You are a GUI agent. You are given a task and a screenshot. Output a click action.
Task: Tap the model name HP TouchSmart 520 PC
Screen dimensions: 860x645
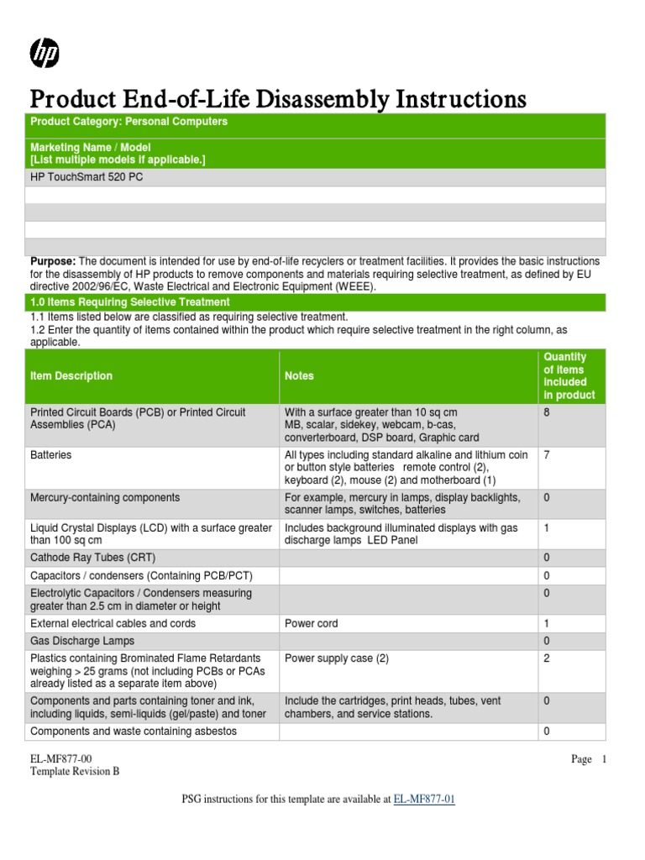pos(87,178)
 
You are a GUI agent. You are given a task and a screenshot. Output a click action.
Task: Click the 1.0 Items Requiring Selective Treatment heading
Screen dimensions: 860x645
pos(130,302)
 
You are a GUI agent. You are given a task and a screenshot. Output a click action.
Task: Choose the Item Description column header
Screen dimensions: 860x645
pos(71,376)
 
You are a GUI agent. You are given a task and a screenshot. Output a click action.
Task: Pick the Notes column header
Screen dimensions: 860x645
pos(299,376)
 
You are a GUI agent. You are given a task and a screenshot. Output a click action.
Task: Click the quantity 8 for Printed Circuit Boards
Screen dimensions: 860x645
pos(547,412)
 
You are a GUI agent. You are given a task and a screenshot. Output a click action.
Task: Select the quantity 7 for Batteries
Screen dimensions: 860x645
pos(547,455)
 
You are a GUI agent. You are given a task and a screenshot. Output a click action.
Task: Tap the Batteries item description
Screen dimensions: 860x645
pos(51,455)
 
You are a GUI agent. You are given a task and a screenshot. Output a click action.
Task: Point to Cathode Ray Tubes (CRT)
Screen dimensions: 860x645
pos(92,558)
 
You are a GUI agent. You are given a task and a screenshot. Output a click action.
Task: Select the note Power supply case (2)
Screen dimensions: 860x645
pos(337,658)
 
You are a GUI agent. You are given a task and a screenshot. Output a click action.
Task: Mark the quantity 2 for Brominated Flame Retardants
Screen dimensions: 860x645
pos(547,658)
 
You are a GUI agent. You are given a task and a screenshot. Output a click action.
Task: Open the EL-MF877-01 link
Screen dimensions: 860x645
pos(424,800)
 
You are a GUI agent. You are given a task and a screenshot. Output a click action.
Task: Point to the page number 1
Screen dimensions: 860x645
pos(603,759)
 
